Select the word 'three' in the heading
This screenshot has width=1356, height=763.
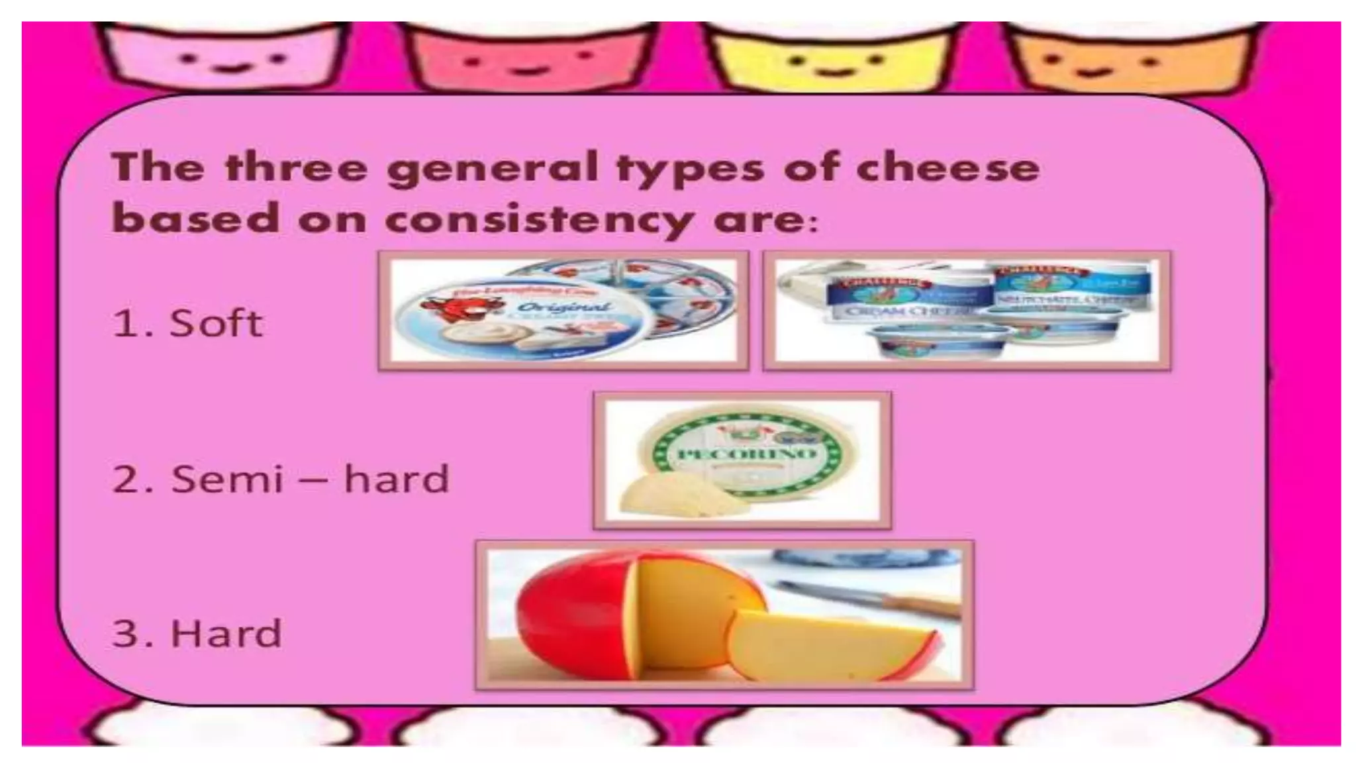(296, 167)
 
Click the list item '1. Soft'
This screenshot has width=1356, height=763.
(187, 324)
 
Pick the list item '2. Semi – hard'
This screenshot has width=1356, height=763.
(281, 479)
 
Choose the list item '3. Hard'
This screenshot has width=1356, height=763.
(197, 633)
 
